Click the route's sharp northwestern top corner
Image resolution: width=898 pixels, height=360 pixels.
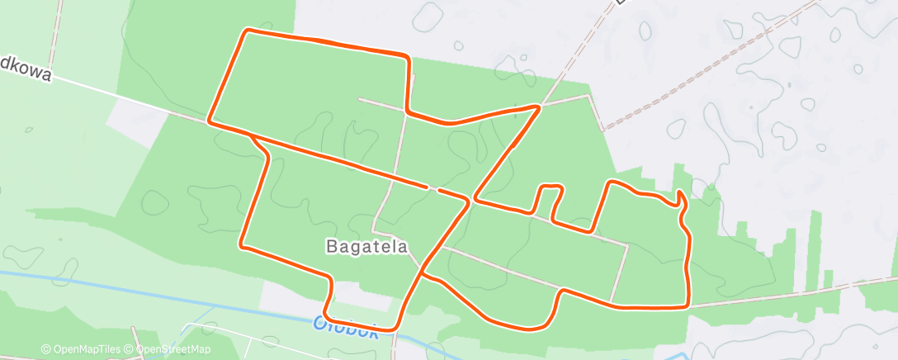pyautogui.click(x=246, y=31)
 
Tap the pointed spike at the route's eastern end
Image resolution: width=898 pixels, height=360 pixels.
pyautogui.click(x=678, y=195)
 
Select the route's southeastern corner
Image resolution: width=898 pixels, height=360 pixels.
pyautogui.click(x=687, y=306)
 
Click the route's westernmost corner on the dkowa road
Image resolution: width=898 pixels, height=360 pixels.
pyautogui.click(x=209, y=121)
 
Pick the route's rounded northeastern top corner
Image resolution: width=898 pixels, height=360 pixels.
pyautogui.click(x=407, y=58)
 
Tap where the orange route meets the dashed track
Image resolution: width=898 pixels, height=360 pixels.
pyautogui.click(x=538, y=107)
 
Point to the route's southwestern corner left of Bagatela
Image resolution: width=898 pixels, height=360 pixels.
pyautogui.click(x=242, y=244)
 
